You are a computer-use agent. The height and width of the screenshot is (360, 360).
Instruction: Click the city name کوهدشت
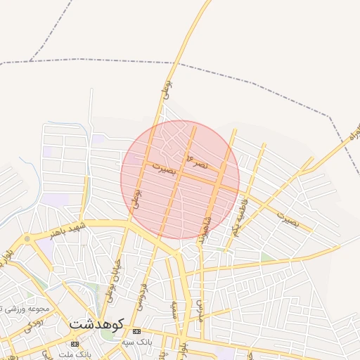[x=97, y=324]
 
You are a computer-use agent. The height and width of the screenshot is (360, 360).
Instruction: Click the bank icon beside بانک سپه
[x=136, y=331]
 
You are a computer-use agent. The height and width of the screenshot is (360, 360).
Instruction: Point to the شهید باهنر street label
[x=67, y=229]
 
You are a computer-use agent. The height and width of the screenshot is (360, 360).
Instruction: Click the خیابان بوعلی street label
[x=114, y=278]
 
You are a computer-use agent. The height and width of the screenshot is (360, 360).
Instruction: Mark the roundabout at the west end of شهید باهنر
[x=27, y=239]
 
